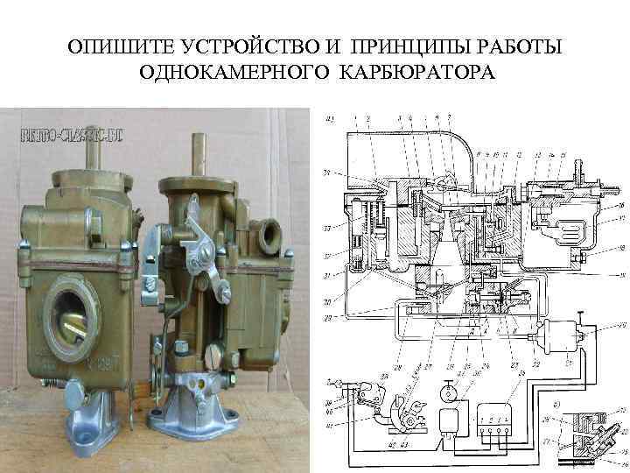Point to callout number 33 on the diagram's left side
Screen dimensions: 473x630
pyautogui.click(x=326, y=229)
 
